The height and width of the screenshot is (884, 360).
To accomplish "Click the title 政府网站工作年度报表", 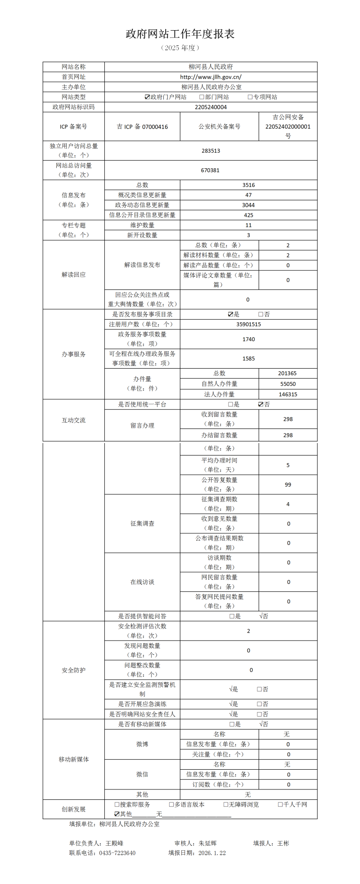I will (180, 34).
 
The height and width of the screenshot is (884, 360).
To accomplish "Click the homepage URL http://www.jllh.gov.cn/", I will (211, 77).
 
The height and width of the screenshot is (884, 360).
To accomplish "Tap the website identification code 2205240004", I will (211, 107).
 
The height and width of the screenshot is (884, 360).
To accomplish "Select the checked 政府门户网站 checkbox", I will (147, 97).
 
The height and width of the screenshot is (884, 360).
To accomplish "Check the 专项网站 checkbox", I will (250, 97).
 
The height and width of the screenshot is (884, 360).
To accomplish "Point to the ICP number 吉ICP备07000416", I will (142, 127).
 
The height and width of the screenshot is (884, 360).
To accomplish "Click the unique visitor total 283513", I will (211, 151).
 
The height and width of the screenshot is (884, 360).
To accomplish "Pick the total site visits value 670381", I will (211, 170).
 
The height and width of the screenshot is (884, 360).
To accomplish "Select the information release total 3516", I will (248, 185).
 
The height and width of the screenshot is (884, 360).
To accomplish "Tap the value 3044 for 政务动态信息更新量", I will (248, 205).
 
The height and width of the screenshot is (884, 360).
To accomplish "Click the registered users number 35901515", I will (248, 324).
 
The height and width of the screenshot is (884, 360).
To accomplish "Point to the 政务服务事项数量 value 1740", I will (248, 339).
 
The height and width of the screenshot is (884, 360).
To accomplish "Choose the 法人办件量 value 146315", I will (288, 394).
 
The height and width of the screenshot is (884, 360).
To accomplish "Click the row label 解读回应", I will (74, 275).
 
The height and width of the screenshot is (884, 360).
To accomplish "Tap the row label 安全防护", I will (74, 670).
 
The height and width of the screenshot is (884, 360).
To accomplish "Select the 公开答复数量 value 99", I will (288, 485).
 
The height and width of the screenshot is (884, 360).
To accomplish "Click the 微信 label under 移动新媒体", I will (142, 774).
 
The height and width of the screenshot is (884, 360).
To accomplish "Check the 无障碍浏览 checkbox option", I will (226, 804).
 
